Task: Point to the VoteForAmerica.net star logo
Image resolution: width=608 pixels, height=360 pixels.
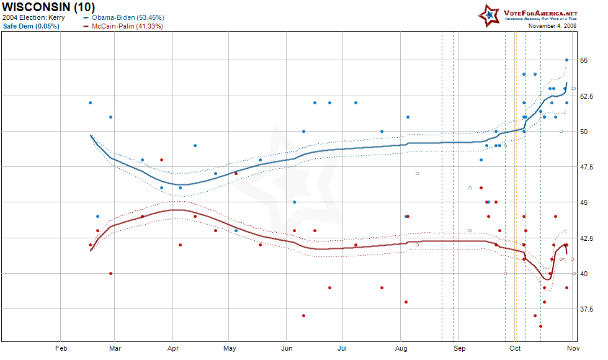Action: pos(489,15)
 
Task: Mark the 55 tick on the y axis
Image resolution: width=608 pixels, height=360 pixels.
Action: pos(584,60)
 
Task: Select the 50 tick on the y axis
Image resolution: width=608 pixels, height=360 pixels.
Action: pos(584,132)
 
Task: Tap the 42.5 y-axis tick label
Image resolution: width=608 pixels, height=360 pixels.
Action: pos(587,238)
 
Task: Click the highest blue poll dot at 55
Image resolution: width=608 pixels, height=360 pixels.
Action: pos(566,60)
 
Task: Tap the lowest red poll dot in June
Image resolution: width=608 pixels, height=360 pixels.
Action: pos(304,315)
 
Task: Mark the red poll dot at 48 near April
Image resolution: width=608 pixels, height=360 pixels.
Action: pos(162,160)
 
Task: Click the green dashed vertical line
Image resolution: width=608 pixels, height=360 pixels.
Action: pos(505,186)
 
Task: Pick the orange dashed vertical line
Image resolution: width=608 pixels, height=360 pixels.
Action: pos(515,186)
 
